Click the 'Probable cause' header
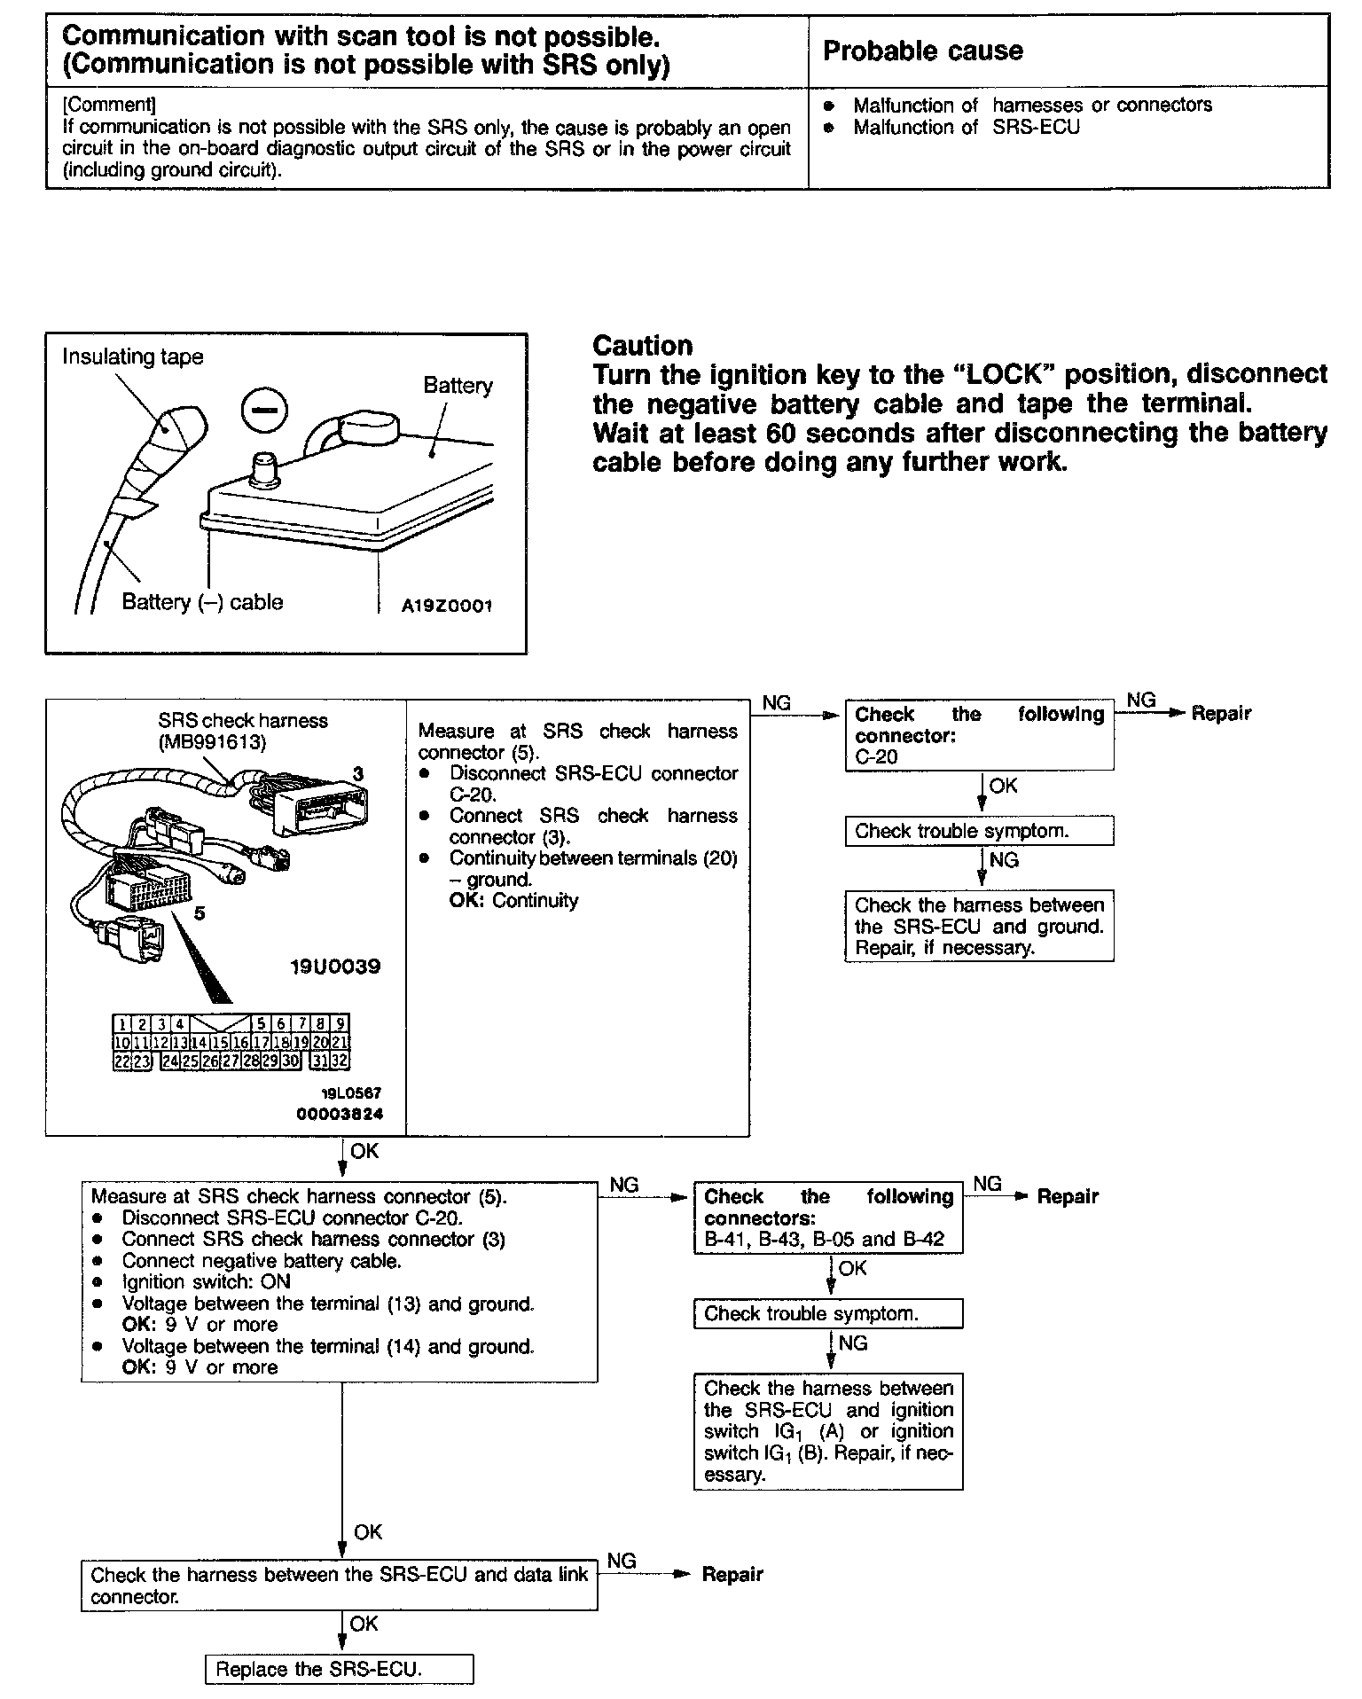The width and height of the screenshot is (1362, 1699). [922, 51]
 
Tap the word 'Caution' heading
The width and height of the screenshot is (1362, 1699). [642, 346]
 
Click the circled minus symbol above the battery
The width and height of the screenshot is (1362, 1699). [263, 412]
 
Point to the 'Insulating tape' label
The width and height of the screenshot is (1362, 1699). [132, 356]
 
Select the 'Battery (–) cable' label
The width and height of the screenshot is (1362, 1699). [202, 602]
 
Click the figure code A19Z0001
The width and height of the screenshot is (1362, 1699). [446, 607]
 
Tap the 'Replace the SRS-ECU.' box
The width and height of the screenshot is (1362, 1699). [339, 1669]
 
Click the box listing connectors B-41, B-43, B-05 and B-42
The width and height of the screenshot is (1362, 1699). [827, 1217]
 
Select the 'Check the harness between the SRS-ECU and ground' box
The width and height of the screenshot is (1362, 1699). [979, 927]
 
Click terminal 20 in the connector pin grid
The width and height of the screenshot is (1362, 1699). [322, 1043]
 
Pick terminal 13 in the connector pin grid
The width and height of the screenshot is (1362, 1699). [179, 1043]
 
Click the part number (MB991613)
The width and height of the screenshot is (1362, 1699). [212, 742]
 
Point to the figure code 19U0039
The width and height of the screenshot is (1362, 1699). [334, 967]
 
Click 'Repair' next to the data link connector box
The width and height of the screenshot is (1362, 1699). [732, 1574]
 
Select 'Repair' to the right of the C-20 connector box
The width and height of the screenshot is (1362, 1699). [1221, 713]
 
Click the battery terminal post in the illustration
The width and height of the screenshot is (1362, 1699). [263, 467]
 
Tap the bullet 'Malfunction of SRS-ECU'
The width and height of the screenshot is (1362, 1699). [967, 127]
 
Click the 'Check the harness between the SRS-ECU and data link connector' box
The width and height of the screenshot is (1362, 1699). [339, 1585]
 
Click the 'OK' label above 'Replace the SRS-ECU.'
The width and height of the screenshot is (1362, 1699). [364, 1624]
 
